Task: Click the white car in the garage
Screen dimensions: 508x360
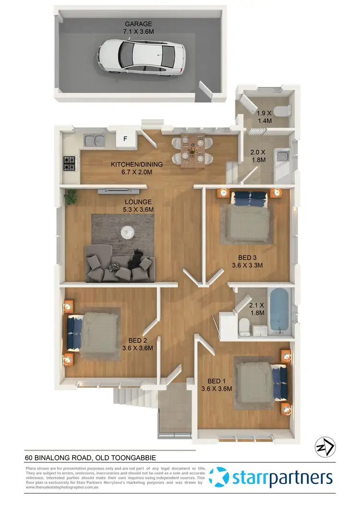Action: click(141, 57)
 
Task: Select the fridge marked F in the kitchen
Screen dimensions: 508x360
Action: click(126, 139)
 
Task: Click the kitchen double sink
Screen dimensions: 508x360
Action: click(95, 141)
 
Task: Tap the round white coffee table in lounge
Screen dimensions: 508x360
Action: click(127, 232)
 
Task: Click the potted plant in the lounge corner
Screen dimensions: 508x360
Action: click(71, 196)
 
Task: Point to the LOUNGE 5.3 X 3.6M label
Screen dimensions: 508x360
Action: click(138, 206)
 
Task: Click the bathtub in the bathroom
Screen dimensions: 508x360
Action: click(278, 311)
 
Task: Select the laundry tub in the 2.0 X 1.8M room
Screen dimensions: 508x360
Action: click(280, 156)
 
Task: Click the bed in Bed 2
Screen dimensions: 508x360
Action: click(95, 331)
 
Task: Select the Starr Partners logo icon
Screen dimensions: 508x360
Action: click(221, 477)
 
